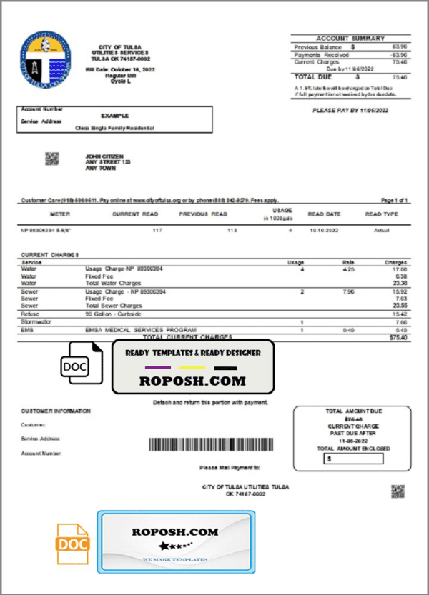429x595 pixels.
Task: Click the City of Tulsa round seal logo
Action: tap(45, 56)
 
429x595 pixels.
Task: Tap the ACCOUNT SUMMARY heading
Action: tap(350, 39)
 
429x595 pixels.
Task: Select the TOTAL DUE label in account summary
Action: tap(314, 76)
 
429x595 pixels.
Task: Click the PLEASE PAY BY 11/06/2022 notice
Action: tap(350, 111)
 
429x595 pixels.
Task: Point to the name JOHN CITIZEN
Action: tap(104, 156)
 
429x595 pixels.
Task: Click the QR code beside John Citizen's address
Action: tap(52, 159)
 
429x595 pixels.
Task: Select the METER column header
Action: tap(60, 214)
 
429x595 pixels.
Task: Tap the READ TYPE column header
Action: tap(381, 214)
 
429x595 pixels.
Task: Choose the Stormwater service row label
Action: tap(34, 322)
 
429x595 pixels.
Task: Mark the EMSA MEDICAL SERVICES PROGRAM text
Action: tap(121, 330)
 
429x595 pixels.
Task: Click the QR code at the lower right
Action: tap(398, 491)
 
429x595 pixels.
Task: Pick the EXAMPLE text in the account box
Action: tap(114, 115)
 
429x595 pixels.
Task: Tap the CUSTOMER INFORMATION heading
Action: tap(56, 411)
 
